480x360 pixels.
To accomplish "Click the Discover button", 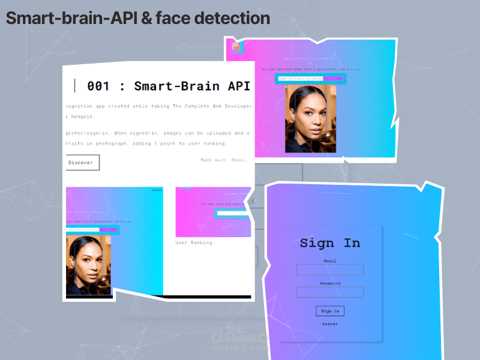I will (x=81, y=163).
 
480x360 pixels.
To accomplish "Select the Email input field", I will (x=330, y=270).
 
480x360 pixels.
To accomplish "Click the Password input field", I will (x=330, y=292).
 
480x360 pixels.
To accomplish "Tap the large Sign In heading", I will (x=330, y=243).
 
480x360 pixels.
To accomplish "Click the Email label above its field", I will (x=330, y=261).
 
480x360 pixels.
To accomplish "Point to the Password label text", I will (x=330, y=283).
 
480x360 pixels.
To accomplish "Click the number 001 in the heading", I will (x=98, y=86).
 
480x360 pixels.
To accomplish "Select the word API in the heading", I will (x=237, y=86).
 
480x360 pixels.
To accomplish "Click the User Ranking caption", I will (x=195, y=243).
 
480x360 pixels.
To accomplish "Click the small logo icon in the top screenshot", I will (x=236, y=46).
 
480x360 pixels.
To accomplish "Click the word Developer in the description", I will (x=231, y=106).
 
